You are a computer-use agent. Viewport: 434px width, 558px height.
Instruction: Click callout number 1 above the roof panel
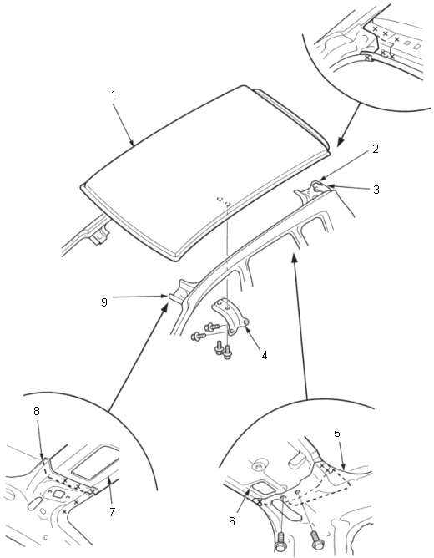pyautogui.click(x=114, y=94)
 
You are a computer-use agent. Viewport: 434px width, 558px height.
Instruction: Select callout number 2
pyautogui.click(x=376, y=150)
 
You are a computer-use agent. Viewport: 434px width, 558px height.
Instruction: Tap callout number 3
pyautogui.click(x=376, y=190)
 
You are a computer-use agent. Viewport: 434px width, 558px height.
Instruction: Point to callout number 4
pyautogui.click(x=264, y=355)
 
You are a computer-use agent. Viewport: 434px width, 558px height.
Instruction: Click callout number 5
pyautogui.click(x=337, y=433)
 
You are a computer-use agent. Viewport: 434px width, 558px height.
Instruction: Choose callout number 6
pyautogui.click(x=232, y=521)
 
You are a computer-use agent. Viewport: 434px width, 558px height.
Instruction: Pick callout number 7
pyautogui.click(x=112, y=512)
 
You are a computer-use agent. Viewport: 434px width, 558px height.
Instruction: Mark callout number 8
pyautogui.click(x=36, y=411)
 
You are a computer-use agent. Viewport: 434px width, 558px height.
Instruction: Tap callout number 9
pyautogui.click(x=103, y=302)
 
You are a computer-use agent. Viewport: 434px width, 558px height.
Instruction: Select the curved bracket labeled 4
pyautogui.click(x=230, y=317)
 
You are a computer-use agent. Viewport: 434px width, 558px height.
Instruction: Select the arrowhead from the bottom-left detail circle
pyautogui.click(x=164, y=309)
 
